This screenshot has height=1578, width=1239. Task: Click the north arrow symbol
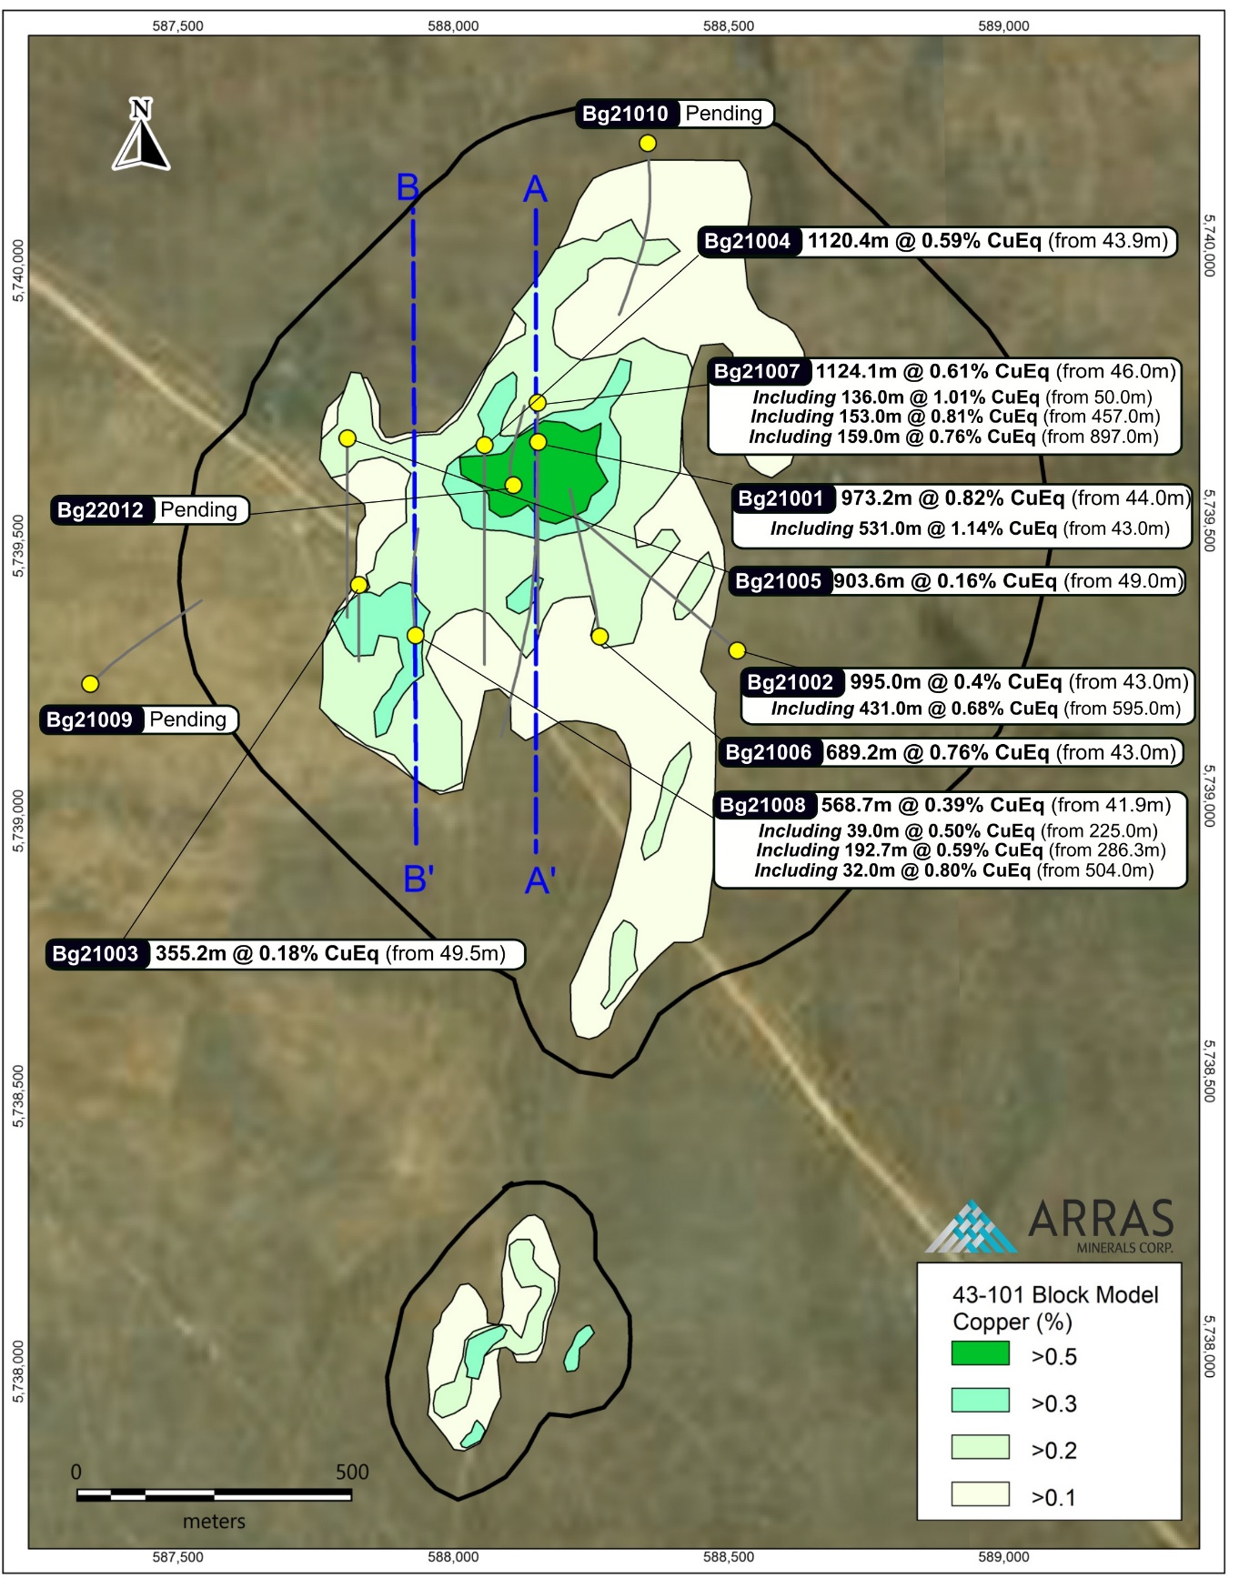140,136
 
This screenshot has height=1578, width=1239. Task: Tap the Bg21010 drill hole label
625,114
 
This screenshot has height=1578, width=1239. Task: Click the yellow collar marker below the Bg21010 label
648,143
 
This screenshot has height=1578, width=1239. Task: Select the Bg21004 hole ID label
748,241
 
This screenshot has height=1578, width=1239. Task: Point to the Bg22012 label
100,510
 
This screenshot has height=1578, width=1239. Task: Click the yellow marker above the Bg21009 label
89,683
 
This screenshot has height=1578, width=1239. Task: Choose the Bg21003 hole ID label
96,954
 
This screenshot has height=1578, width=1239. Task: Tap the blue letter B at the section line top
408,187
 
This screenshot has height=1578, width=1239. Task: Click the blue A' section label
540,880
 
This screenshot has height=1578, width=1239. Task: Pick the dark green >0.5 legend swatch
980,1353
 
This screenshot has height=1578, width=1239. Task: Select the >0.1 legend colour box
980,1494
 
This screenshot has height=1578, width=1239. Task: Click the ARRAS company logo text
1102,1219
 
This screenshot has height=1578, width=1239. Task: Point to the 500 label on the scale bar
352,1472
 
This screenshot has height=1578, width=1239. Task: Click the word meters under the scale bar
214,1521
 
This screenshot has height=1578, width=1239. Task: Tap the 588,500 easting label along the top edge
729,25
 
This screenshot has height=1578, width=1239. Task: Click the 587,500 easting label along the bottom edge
178,1556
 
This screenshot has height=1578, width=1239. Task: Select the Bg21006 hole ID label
769,752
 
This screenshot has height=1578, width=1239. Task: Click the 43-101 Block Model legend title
1055,1295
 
